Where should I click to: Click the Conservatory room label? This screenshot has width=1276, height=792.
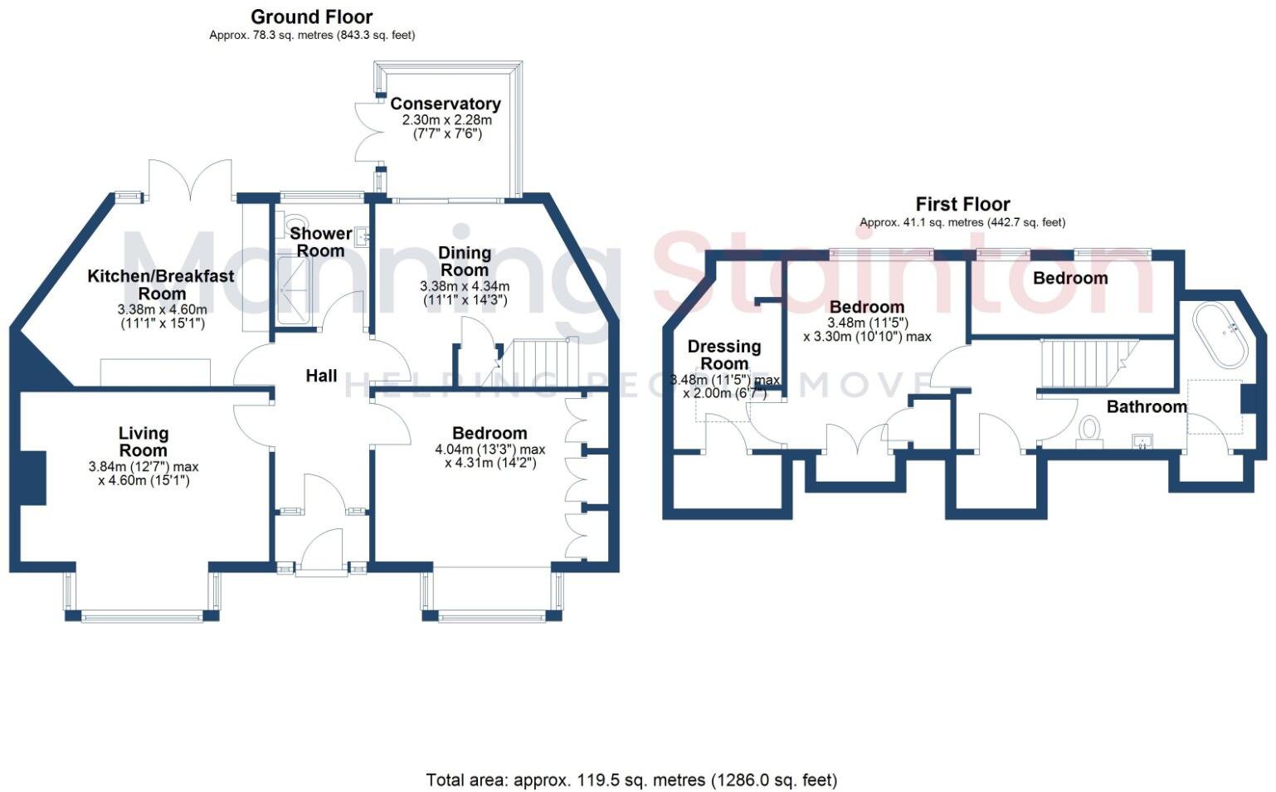coord(445,104)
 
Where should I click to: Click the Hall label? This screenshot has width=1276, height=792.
coord(321,376)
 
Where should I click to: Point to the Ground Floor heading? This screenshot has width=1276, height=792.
coord(311,17)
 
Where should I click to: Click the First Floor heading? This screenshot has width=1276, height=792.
coord(962,204)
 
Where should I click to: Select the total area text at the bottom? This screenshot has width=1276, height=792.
coord(631,780)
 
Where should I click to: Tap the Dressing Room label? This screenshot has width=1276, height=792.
coord(723,355)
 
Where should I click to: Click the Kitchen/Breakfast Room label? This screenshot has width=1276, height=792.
coord(161,284)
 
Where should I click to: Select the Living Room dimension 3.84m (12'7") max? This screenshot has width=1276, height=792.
coord(144,467)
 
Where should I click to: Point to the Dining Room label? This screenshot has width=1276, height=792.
coord(465,261)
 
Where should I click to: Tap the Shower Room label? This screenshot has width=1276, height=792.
coord(320,242)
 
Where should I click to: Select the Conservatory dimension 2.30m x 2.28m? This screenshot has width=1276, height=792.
coord(446,120)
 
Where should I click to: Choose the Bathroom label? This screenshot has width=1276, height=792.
coord(1146,406)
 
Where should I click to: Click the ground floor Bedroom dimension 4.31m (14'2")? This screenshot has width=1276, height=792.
coord(490,463)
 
